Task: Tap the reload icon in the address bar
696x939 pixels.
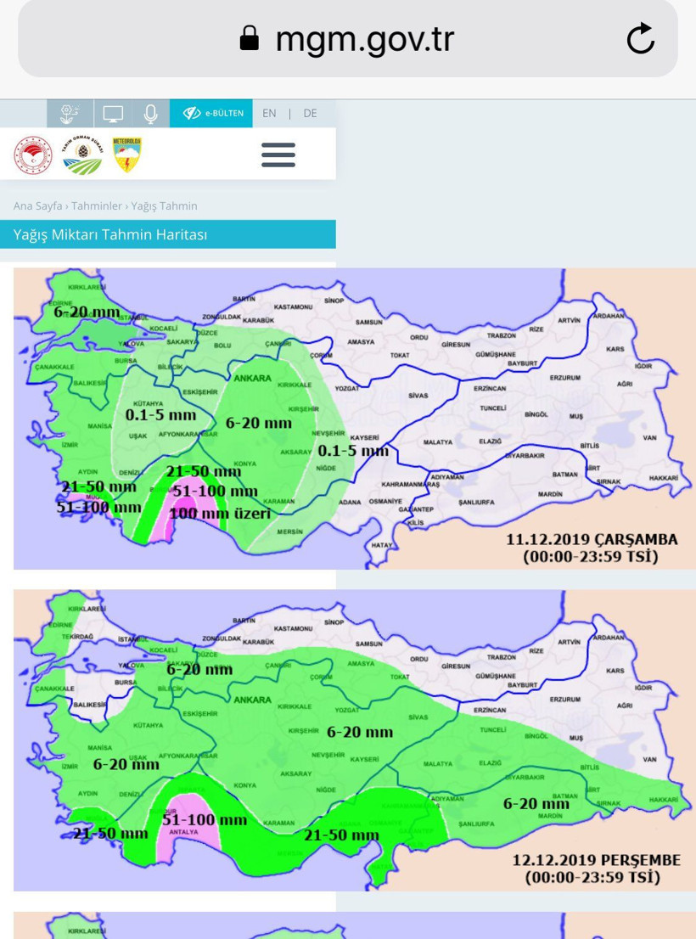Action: click(x=640, y=39)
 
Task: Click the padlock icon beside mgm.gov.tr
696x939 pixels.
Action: click(x=249, y=38)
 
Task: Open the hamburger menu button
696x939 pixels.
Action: click(x=278, y=155)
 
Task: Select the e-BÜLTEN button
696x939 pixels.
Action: click(x=212, y=113)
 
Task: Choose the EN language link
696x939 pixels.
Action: click(x=269, y=113)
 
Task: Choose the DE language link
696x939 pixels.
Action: click(x=310, y=113)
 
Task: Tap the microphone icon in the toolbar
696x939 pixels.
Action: click(x=151, y=113)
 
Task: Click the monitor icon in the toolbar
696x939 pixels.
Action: click(x=113, y=113)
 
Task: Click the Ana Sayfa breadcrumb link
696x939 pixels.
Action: click(x=37, y=206)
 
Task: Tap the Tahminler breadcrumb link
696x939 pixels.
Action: click(x=98, y=206)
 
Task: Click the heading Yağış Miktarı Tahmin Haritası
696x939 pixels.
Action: click(x=110, y=234)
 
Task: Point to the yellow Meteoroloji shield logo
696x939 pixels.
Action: click(x=127, y=155)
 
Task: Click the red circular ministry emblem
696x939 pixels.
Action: click(x=33, y=155)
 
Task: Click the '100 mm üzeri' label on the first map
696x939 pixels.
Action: click(x=220, y=513)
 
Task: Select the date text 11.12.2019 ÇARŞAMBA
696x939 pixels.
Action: click(x=592, y=540)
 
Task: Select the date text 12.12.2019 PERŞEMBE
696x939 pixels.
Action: click(x=596, y=860)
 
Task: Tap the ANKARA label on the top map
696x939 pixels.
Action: click(x=253, y=379)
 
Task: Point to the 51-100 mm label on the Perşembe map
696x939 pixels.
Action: click(x=205, y=820)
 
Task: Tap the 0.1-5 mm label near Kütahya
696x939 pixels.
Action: click(x=160, y=416)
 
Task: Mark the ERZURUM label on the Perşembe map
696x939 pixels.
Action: click(x=564, y=700)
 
